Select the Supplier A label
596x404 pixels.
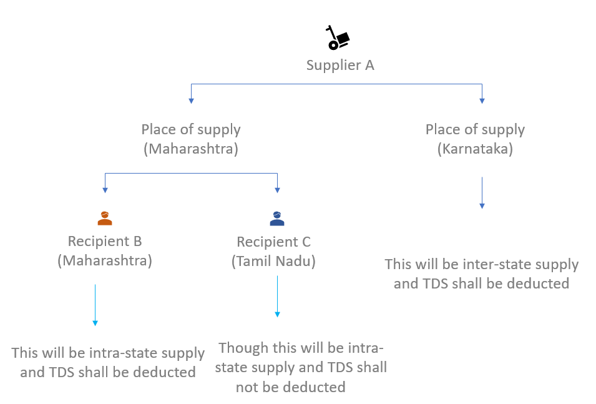coord(340,65)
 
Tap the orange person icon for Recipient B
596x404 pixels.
coord(105,218)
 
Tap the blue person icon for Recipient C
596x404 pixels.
coord(276,218)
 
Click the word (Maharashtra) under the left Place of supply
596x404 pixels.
coord(191,149)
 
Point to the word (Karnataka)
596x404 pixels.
coord(475,149)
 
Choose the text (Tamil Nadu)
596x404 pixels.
coord(273,261)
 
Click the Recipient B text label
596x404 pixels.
coord(105,241)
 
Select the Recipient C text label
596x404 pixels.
coord(273,242)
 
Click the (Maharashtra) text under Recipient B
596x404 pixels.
coord(105,260)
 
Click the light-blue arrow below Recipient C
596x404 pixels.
coord(277,296)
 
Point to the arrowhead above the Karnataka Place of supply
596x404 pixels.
coord(482,99)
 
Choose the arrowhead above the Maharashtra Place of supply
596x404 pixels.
coord(191,99)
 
